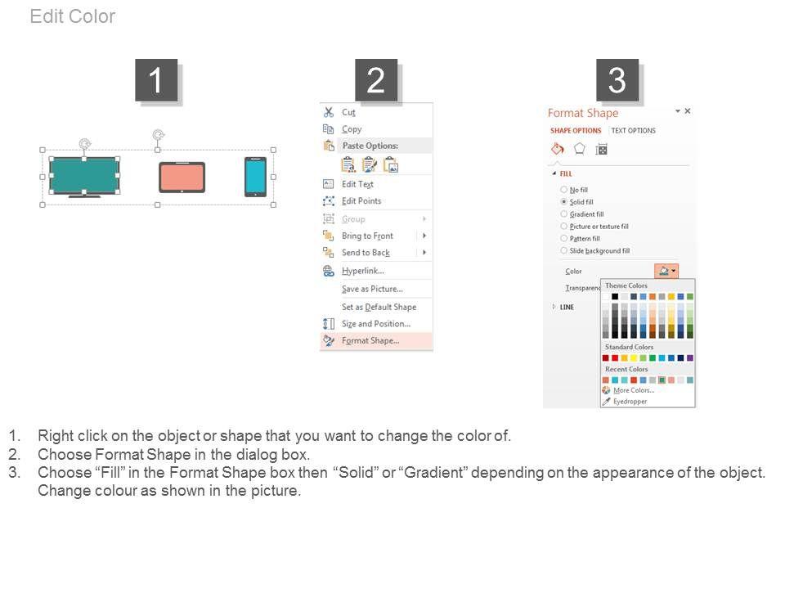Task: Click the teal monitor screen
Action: tap(84, 176)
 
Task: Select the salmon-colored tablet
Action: tap(182, 177)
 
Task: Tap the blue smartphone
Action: tap(255, 177)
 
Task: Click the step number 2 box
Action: tap(376, 80)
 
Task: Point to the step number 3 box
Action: tap(617, 80)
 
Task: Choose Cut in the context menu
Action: tap(348, 112)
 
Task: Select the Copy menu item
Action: tap(352, 129)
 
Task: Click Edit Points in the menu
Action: tap(361, 201)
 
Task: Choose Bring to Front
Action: tap(367, 236)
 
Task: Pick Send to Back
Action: tap(366, 253)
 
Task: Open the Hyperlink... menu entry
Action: tap(363, 271)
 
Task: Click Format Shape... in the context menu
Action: tap(370, 340)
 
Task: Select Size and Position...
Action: tap(376, 324)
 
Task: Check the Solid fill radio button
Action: tap(563, 202)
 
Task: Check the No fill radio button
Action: tap(563, 190)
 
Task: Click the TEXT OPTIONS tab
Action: tap(633, 131)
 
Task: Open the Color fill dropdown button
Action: tap(666, 271)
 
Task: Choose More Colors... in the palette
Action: tap(634, 390)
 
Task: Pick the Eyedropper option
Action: tap(630, 401)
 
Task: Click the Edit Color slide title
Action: tap(73, 16)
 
